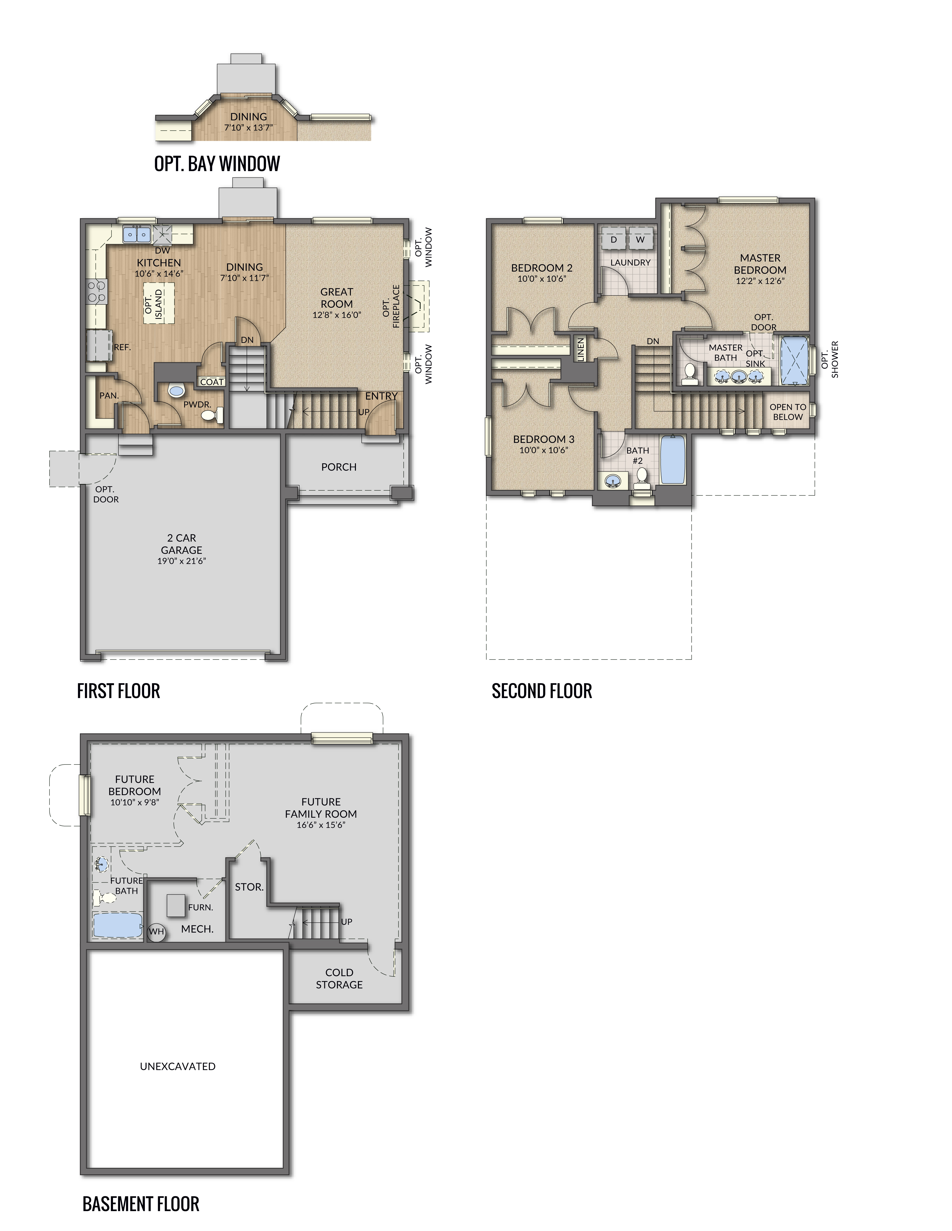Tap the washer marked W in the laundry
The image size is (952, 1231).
pos(640,239)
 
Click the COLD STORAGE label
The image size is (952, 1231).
pos(339,979)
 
